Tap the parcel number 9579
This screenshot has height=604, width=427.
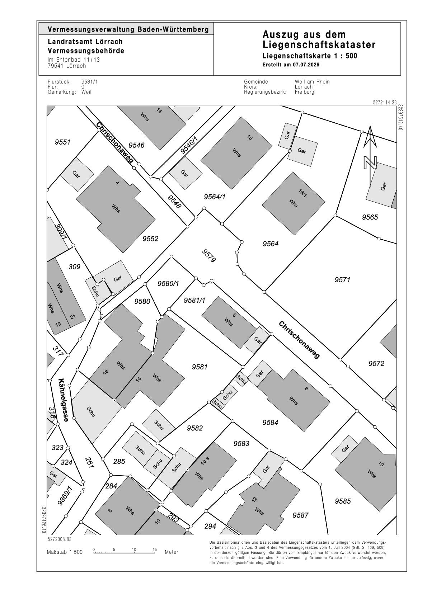(209, 255)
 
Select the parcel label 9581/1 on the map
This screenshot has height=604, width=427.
(194, 300)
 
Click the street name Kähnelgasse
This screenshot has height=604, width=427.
(64, 400)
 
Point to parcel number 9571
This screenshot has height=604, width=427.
(342, 280)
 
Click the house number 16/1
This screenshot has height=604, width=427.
(302, 193)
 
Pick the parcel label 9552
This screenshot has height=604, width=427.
(150, 239)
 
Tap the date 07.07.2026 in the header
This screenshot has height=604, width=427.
(306, 65)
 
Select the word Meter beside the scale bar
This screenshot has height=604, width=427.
(171, 552)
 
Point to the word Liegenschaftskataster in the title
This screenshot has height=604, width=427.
(319, 45)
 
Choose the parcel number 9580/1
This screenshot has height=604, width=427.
(168, 284)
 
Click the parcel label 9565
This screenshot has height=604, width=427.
(370, 217)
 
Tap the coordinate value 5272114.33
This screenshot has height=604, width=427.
(385, 103)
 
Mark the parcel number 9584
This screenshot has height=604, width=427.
(270, 423)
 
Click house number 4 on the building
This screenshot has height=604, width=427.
(117, 183)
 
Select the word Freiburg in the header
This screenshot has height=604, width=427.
(305, 92)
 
